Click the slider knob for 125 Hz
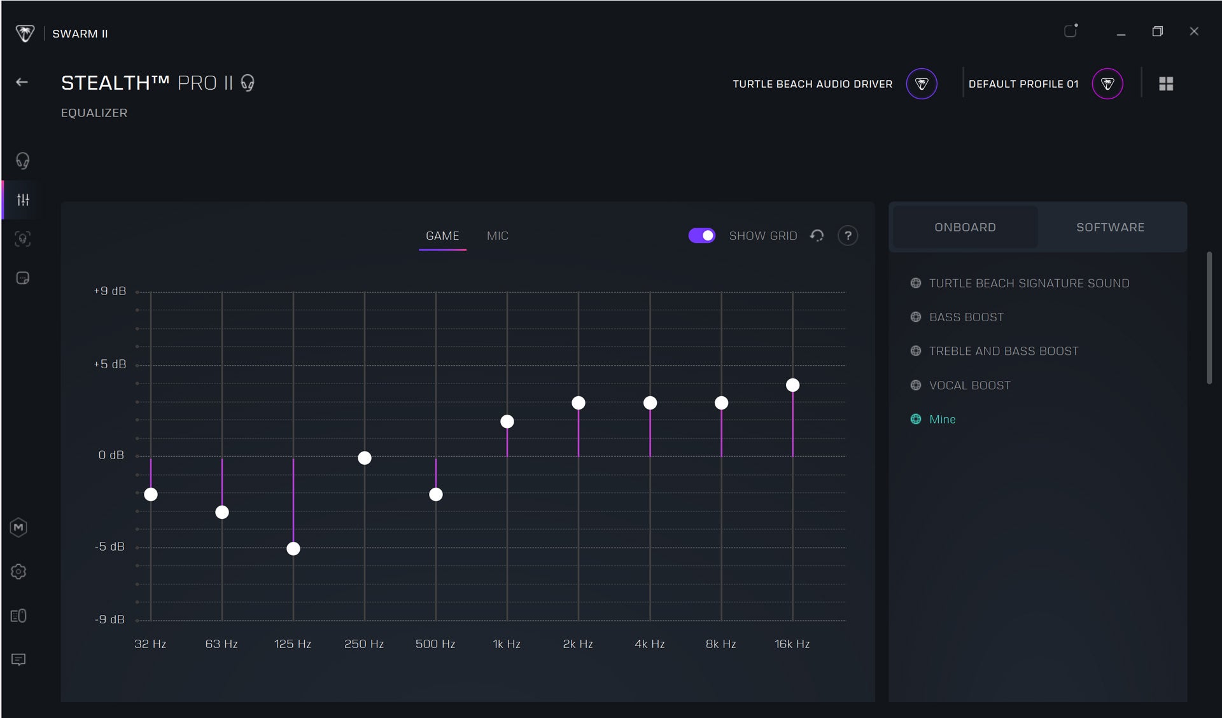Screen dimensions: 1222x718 (293, 549)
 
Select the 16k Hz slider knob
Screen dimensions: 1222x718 (792, 385)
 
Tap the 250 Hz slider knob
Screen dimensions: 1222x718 (365, 458)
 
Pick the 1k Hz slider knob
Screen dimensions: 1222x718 (507, 422)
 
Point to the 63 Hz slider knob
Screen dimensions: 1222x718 (222, 513)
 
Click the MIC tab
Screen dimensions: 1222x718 (498, 236)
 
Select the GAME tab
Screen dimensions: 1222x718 (442, 236)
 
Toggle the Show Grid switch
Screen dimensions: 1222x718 (702, 236)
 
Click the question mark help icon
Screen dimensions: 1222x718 (848, 236)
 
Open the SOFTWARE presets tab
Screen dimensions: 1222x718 (1111, 228)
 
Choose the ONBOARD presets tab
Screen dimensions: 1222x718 (966, 228)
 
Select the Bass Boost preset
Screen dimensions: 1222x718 (966, 317)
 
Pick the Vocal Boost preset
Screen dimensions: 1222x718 (970, 385)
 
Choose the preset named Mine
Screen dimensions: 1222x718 (943, 419)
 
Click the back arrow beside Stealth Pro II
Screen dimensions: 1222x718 (22, 82)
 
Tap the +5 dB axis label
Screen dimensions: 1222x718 (110, 364)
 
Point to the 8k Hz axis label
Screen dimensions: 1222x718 (721, 644)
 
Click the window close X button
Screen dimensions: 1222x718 (1194, 31)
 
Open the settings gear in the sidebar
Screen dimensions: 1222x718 (18, 572)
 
